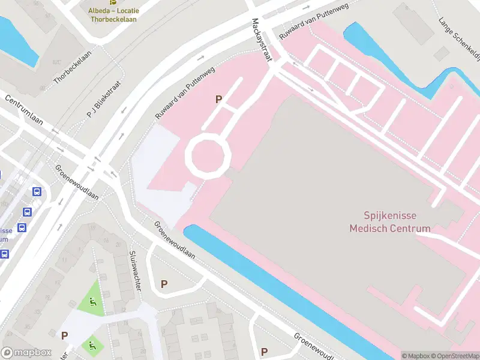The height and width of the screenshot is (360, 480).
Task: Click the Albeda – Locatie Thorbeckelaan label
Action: (113, 15)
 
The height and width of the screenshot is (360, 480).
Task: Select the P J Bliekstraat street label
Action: (103, 100)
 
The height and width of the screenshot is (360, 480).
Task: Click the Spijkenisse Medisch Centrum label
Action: (391, 221)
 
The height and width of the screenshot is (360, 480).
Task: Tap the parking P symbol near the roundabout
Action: (219, 100)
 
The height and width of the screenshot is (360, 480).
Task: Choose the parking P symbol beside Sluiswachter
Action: (164, 284)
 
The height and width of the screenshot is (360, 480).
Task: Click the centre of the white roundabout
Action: (208, 155)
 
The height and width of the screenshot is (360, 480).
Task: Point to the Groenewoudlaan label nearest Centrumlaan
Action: (77, 182)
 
